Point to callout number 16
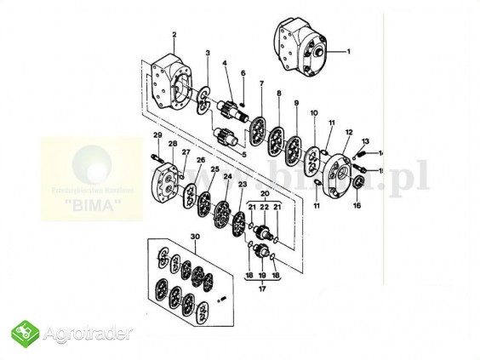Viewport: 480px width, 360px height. (x=357, y=205)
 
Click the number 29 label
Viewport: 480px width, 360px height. (x=157, y=135)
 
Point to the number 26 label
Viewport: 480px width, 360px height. (x=201, y=159)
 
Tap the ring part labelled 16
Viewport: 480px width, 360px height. (x=357, y=182)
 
